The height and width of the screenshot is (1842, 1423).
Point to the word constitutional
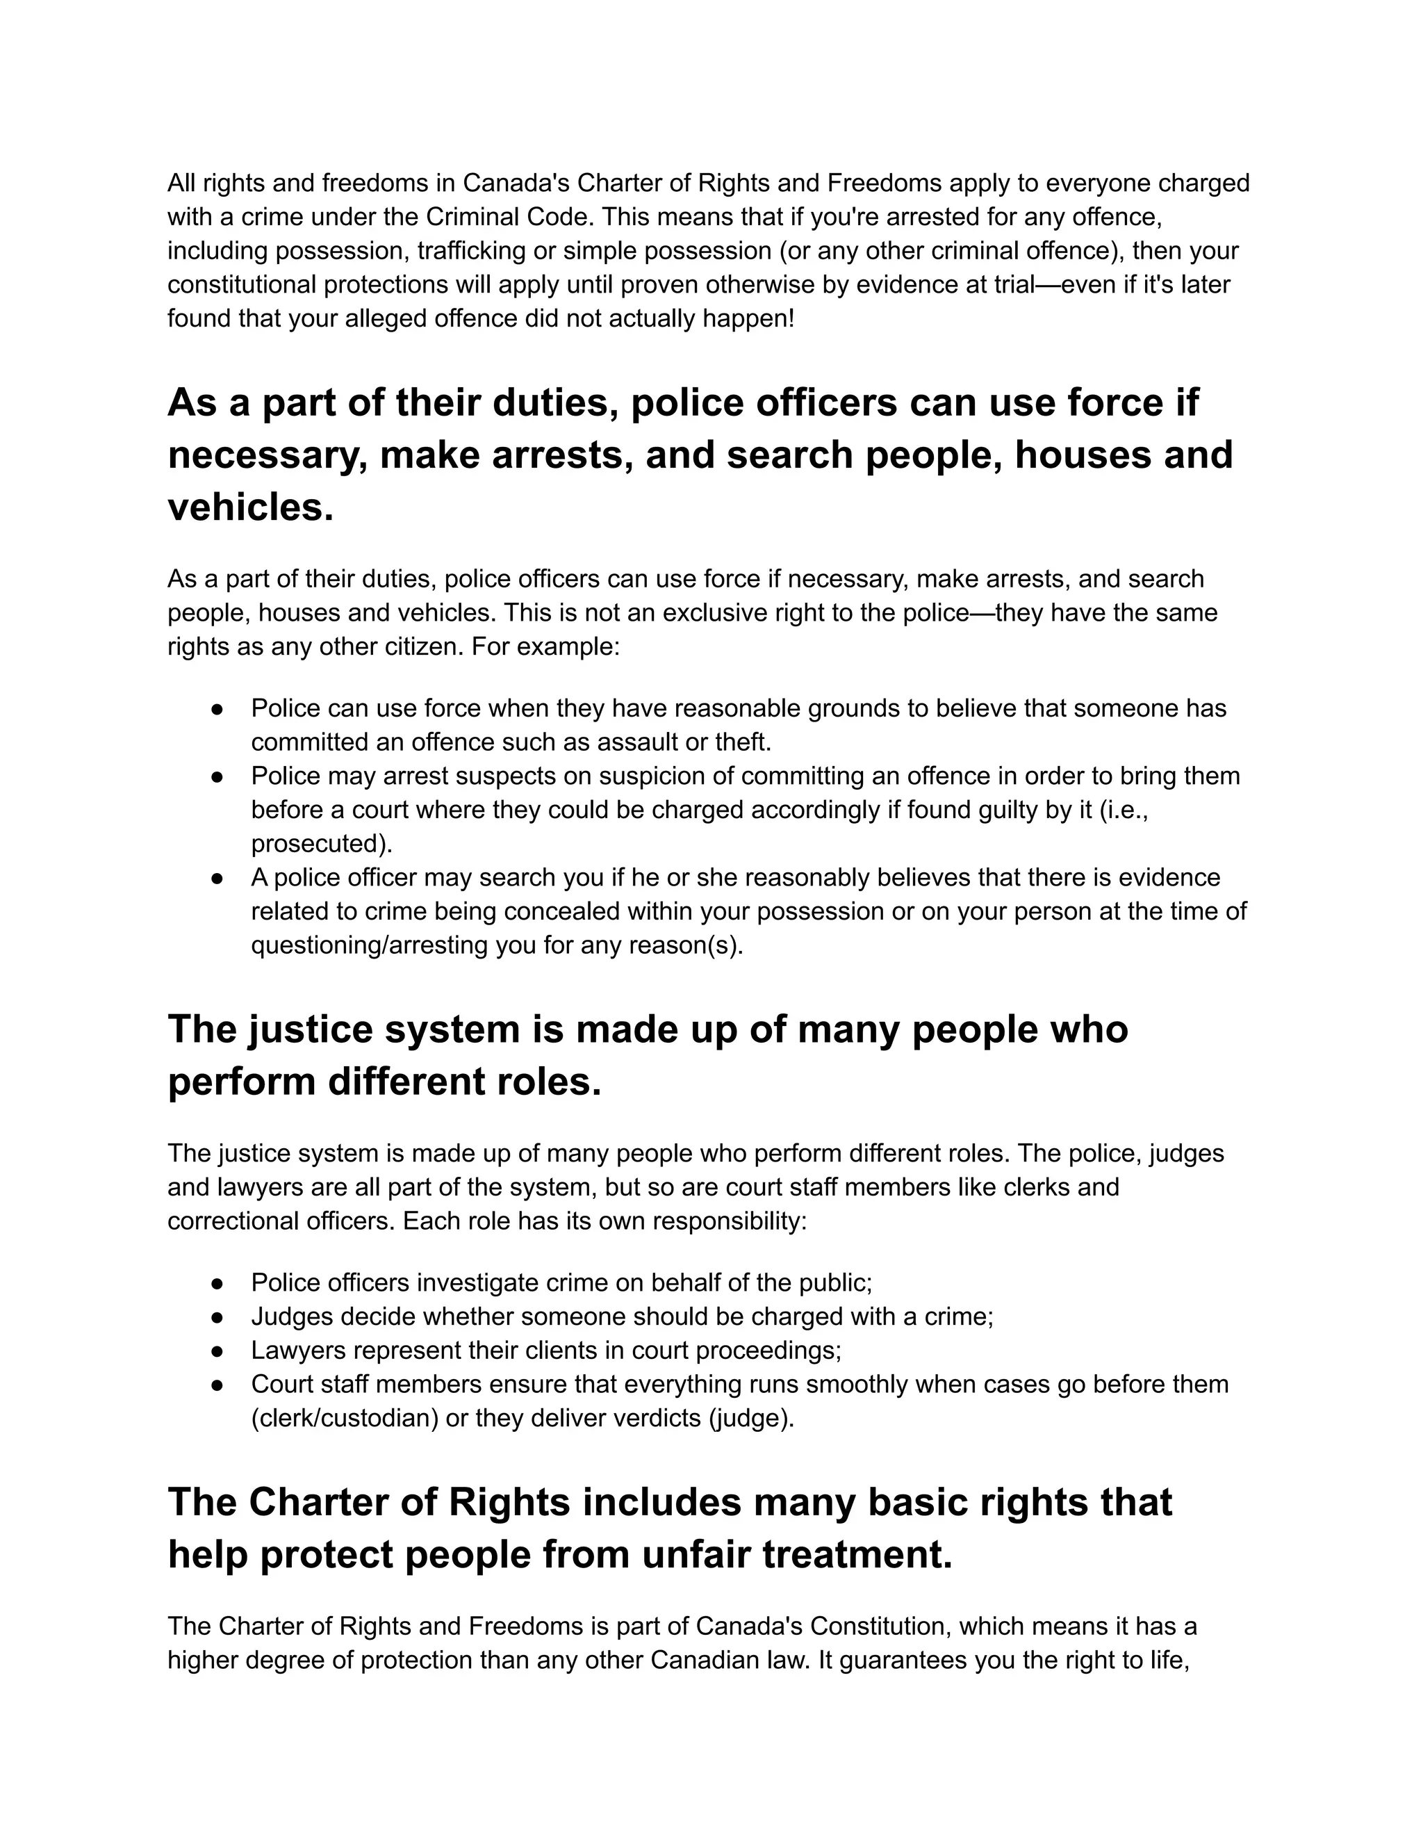pos(242,284)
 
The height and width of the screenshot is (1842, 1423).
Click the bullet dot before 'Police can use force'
pos(217,708)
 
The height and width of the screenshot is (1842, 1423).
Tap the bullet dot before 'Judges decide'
pos(217,1317)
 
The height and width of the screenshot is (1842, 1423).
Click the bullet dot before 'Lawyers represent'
pos(217,1351)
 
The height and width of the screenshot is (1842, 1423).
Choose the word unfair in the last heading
pos(696,1554)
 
